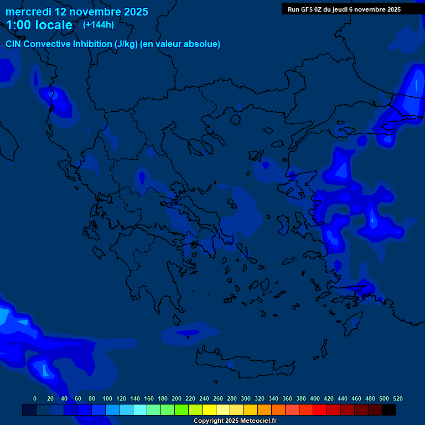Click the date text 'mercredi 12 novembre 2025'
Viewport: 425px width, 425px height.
pyautogui.click(x=77, y=12)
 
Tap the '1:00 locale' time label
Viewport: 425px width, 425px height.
pyautogui.click(x=39, y=25)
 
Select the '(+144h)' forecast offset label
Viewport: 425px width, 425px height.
pyautogui.click(x=99, y=24)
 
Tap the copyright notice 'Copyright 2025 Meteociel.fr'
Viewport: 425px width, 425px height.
pyautogui.click(x=235, y=421)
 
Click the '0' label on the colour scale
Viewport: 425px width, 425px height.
pyautogui.click(x=35, y=398)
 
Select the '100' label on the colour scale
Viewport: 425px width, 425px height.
pyautogui.click(x=107, y=398)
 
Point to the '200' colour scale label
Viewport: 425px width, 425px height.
pyautogui.click(x=177, y=398)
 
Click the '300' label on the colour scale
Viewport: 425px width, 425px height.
pyautogui.click(x=246, y=398)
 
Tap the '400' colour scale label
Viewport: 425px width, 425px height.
pyautogui.click(x=315, y=398)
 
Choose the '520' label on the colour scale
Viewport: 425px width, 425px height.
pyautogui.click(x=397, y=398)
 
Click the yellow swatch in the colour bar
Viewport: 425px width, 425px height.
pyautogui.click(x=209, y=410)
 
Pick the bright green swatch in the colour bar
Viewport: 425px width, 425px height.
pyautogui.click(x=182, y=410)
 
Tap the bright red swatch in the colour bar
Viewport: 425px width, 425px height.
pyautogui.click(x=320, y=410)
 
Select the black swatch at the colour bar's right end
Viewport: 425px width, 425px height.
pyautogui.click(x=389, y=410)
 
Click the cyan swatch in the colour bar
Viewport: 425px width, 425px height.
pyautogui.click(x=140, y=410)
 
